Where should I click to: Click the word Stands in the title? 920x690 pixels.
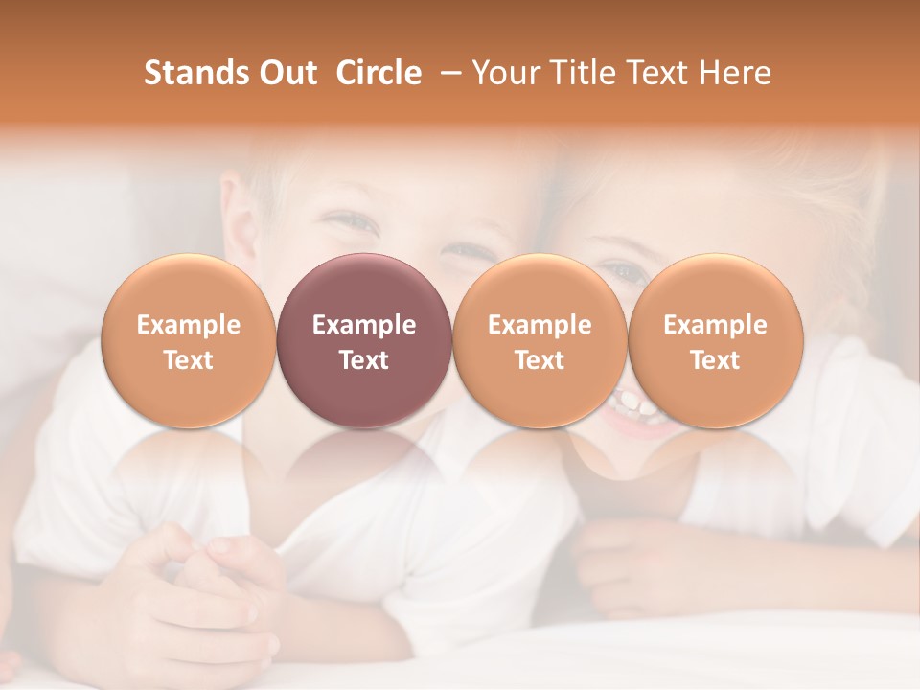pos(195,73)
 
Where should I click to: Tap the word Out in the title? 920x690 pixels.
pos(286,73)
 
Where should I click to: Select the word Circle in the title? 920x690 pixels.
pos(379,73)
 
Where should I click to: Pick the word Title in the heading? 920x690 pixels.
pos(577,73)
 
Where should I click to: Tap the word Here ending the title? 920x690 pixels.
pos(735,73)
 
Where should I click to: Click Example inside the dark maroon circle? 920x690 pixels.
pos(364,325)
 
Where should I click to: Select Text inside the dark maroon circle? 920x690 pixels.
pos(364,360)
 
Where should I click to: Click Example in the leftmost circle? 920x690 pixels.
pos(188,325)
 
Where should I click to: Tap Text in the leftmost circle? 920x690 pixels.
pos(188,360)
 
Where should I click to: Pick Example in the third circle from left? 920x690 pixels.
pos(540,325)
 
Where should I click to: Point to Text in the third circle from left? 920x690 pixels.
pos(540,360)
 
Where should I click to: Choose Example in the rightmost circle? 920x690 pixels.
pos(715,325)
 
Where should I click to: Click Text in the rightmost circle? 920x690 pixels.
pos(715,360)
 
